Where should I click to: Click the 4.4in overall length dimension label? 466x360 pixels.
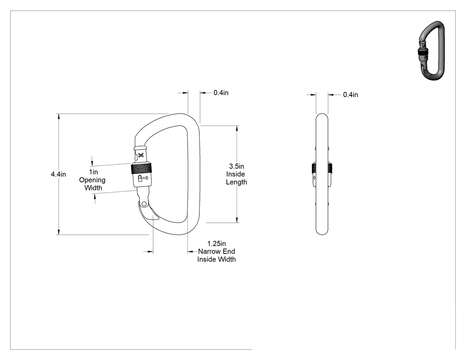(x=58, y=174)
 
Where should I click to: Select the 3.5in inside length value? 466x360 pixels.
(x=237, y=166)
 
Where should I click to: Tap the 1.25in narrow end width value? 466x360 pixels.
(x=217, y=244)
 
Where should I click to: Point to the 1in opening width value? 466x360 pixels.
(x=93, y=172)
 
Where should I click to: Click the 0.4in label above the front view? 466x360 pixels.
(x=221, y=93)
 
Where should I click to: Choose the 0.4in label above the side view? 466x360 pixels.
(x=351, y=95)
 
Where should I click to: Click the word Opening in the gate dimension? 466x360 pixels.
(x=92, y=180)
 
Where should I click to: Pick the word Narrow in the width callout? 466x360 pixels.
(x=208, y=252)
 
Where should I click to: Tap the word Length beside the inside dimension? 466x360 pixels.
(x=237, y=182)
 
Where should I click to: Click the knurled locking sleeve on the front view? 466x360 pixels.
(x=142, y=169)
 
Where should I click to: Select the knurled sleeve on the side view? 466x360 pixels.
(x=322, y=168)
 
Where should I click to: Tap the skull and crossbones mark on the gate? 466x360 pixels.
(x=141, y=155)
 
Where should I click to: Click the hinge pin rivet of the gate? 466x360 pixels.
(x=144, y=204)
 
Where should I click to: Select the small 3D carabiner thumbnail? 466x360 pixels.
(x=432, y=50)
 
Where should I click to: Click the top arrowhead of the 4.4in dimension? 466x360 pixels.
(x=59, y=117)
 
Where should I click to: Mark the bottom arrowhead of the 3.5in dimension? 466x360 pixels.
(x=237, y=220)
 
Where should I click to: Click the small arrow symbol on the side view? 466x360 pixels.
(x=314, y=178)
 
